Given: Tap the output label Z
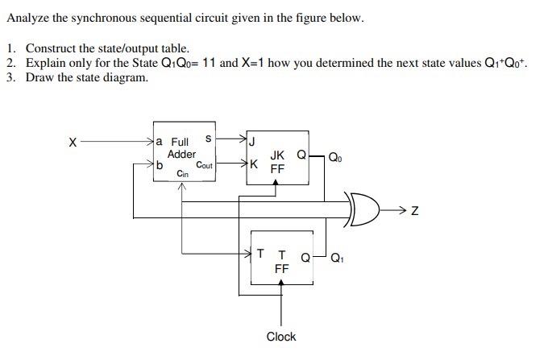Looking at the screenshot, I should click(414, 212).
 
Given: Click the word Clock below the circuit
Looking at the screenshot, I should click(280, 337).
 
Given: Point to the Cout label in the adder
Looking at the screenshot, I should click(204, 165).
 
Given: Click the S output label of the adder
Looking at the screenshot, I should click(209, 139).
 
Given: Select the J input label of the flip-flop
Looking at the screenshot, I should click(252, 144).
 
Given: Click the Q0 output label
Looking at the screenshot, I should click(334, 158).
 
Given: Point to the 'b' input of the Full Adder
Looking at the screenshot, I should click(160, 165).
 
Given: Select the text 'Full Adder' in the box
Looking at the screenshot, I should click(181, 148).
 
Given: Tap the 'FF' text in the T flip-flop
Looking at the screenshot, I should click(281, 269).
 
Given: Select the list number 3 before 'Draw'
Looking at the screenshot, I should click(10, 77).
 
